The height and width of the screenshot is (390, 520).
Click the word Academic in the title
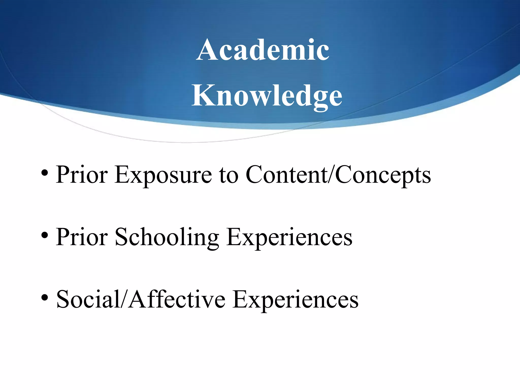pos(263,50)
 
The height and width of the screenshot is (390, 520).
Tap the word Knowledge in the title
pos(267,96)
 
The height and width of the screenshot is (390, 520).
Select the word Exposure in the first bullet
pos(163,175)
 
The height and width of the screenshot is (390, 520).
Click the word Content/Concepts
pos(338,175)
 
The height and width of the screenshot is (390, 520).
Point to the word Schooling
pos(167,237)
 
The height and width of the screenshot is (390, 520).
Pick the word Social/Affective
pos(141,300)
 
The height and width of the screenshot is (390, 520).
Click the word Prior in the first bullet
pos(82,175)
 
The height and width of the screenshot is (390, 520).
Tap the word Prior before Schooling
pos(82,237)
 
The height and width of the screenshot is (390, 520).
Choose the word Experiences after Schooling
pos(289,237)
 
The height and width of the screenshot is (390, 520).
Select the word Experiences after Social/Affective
pos(296,300)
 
